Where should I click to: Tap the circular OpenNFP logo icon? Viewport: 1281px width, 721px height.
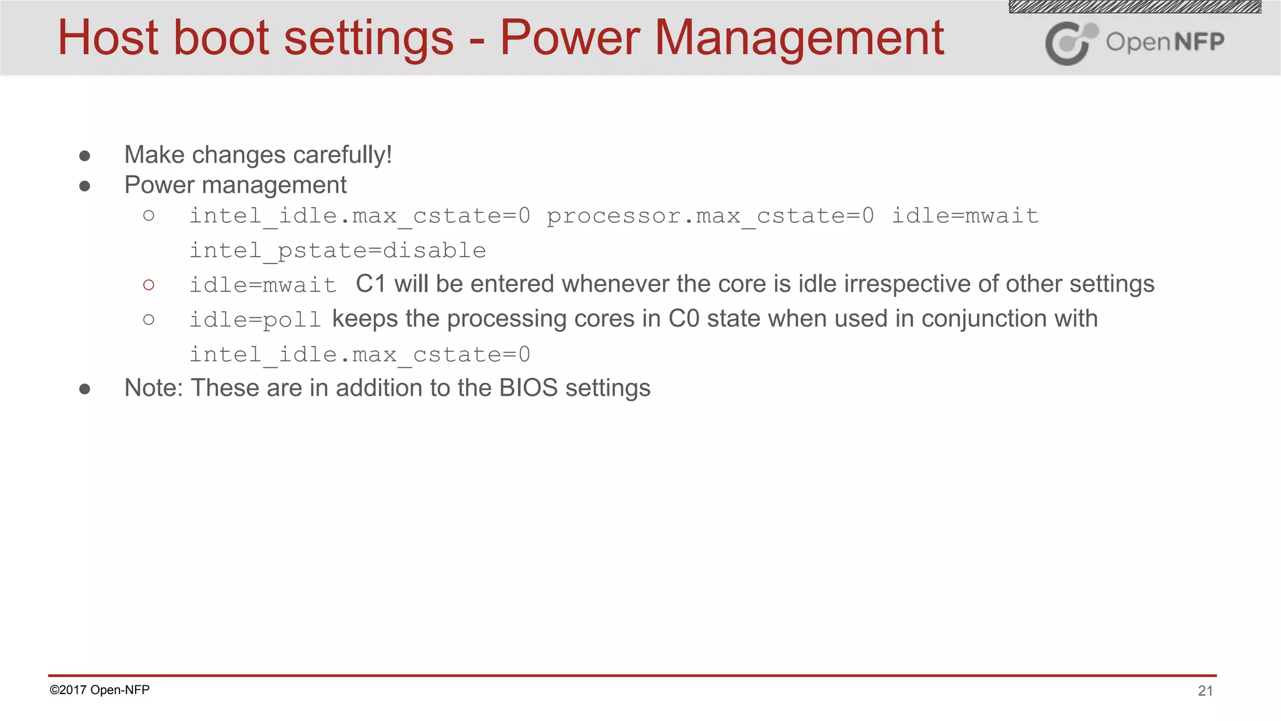point(1070,43)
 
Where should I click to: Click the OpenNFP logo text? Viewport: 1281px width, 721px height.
point(1165,42)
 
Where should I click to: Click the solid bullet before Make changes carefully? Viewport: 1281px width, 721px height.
point(85,156)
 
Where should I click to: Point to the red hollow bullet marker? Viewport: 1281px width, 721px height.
point(148,285)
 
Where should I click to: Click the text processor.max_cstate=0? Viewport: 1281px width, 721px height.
point(710,216)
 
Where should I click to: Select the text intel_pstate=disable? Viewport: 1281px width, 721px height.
point(338,250)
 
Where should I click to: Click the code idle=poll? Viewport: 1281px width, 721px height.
point(255,320)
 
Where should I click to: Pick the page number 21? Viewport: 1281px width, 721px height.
point(1205,690)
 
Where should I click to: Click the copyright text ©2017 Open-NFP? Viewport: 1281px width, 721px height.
point(99,690)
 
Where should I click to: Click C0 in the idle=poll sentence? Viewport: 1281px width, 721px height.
point(684,319)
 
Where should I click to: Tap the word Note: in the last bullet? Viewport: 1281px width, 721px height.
point(153,388)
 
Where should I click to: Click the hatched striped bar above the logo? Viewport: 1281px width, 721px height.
point(1135,7)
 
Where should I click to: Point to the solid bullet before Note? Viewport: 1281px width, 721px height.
point(85,389)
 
